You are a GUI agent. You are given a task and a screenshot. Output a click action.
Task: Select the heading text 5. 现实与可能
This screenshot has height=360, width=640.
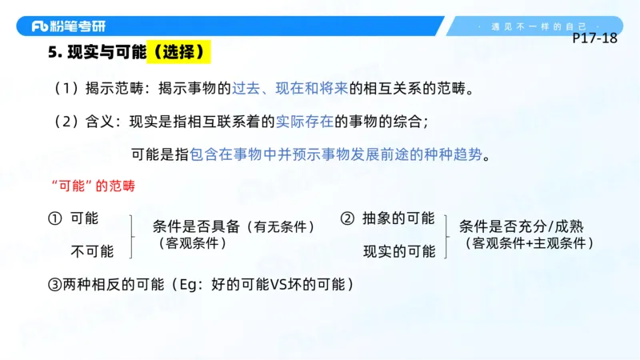(x=97, y=53)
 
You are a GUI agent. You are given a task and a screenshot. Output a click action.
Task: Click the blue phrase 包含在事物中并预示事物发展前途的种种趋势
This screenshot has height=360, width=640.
(x=337, y=154)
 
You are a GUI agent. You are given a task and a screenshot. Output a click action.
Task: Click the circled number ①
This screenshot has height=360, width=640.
(x=55, y=218)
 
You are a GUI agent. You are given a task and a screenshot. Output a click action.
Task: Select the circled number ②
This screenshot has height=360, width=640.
(x=347, y=218)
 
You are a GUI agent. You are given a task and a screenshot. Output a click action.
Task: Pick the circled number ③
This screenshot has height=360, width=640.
(x=55, y=283)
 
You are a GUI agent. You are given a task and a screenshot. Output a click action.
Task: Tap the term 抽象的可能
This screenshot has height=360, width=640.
(x=398, y=218)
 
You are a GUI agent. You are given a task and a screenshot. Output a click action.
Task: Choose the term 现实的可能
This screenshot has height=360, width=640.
(x=398, y=251)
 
